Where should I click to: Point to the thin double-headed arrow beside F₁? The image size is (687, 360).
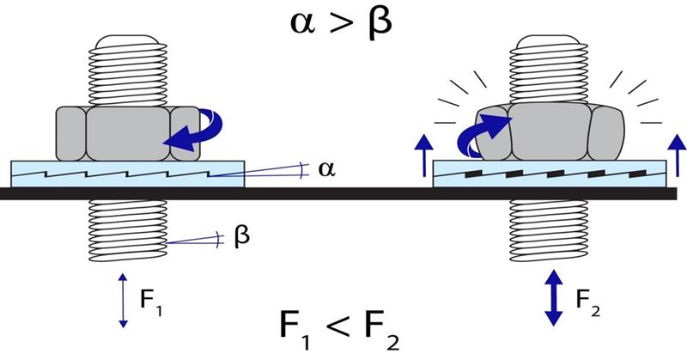click(x=122, y=300)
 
